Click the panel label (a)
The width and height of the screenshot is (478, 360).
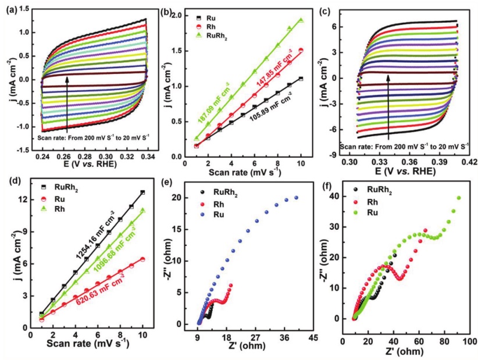pos(12,10)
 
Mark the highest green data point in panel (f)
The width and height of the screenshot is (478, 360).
pos(459,198)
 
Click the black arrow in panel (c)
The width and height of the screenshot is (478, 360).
pos(388,105)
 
